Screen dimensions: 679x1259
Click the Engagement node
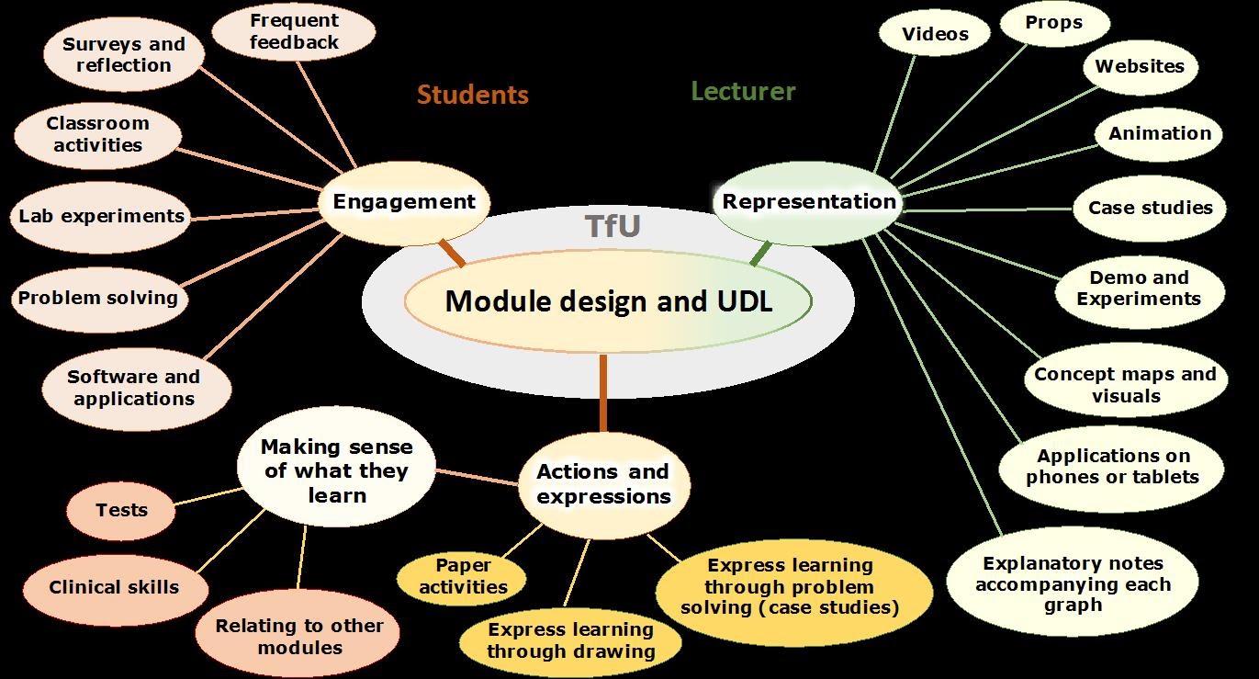pyautogui.click(x=404, y=202)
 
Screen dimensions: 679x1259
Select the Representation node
pyautogui.click(x=808, y=202)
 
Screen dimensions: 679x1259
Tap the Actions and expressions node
pyautogui.click(x=603, y=484)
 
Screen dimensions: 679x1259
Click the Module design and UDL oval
pyautogui.click(x=608, y=301)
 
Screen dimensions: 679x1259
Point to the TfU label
pyautogui.click(x=613, y=227)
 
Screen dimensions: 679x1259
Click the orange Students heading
pyautogui.click(x=473, y=95)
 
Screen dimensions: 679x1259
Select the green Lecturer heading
pyautogui.click(x=743, y=91)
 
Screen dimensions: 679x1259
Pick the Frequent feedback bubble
pyautogui.click(x=294, y=31)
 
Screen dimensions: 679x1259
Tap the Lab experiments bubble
pyautogui.click(x=101, y=217)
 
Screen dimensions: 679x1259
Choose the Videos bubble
pyautogui.click(x=935, y=35)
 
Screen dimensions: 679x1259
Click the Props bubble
pyautogui.click(x=1054, y=23)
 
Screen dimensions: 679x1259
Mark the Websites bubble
pyautogui.click(x=1140, y=66)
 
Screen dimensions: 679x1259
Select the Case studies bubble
pyautogui.click(x=1150, y=208)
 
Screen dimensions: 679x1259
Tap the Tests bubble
pyautogui.click(x=121, y=510)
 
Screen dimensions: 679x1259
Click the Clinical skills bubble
pyautogui.click(x=114, y=587)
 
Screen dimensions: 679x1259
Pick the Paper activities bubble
pyautogui.click(x=463, y=577)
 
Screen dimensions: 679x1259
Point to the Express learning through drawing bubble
pyautogui.click(x=570, y=640)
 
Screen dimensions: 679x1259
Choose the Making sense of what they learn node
pyautogui.click(x=336, y=471)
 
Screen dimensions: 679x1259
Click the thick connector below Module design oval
pyautogui.click(x=603, y=392)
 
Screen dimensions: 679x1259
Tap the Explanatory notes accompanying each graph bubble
pyautogui.click(x=1073, y=584)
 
